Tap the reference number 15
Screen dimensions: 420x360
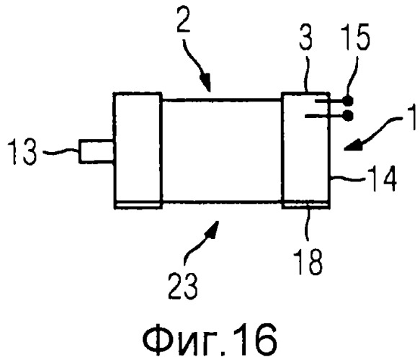pos(357,37)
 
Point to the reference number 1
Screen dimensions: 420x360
pos(411,117)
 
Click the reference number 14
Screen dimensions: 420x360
pos(383,178)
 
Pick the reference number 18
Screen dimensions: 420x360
pos(309,261)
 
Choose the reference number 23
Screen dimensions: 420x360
pos(183,285)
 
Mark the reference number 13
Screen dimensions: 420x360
pos(22,152)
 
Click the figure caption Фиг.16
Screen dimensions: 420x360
pos(210,339)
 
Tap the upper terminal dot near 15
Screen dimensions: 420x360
pos(348,101)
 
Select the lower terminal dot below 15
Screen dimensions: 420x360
pos(348,116)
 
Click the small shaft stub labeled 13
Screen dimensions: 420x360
pos(97,151)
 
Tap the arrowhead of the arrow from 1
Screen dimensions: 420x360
pos(353,145)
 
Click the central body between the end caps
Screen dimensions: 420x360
pos(221,150)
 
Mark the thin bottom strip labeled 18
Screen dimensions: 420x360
pos(305,204)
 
